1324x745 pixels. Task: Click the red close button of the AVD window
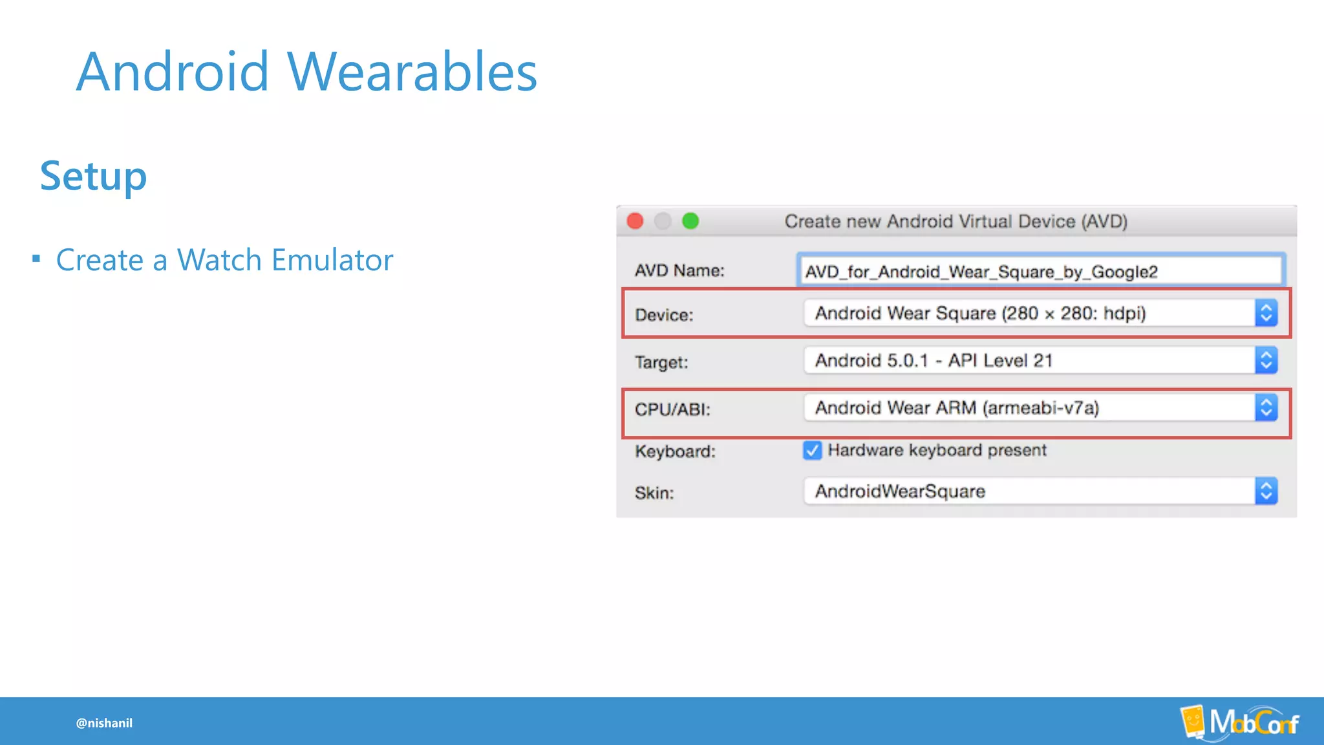pos(635,221)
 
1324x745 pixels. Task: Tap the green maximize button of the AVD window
pos(690,221)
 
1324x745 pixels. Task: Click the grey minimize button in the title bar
pos(663,221)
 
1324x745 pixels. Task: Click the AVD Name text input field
pos(1040,271)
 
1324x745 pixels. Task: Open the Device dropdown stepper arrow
pos(1266,313)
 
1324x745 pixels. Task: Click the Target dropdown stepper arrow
pos(1266,360)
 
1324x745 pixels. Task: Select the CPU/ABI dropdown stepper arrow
pos(1266,408)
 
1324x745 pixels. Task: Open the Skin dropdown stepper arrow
pos(1266,491)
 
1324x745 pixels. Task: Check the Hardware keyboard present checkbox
pos(812,450)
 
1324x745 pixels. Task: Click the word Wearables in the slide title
pos(412,72)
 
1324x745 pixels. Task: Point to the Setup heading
pos(93,176)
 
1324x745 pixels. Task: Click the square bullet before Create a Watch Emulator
pos(36,259)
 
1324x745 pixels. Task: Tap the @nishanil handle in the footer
pos(104,723)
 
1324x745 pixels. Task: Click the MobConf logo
pos(1239,722)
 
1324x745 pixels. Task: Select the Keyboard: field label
pos(675,451)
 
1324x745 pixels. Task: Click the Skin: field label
pos(654,493)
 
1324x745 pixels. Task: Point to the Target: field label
pos(661,362)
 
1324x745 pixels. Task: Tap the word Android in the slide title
pos(172,72)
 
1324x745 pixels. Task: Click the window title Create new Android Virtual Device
pos(956,221)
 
